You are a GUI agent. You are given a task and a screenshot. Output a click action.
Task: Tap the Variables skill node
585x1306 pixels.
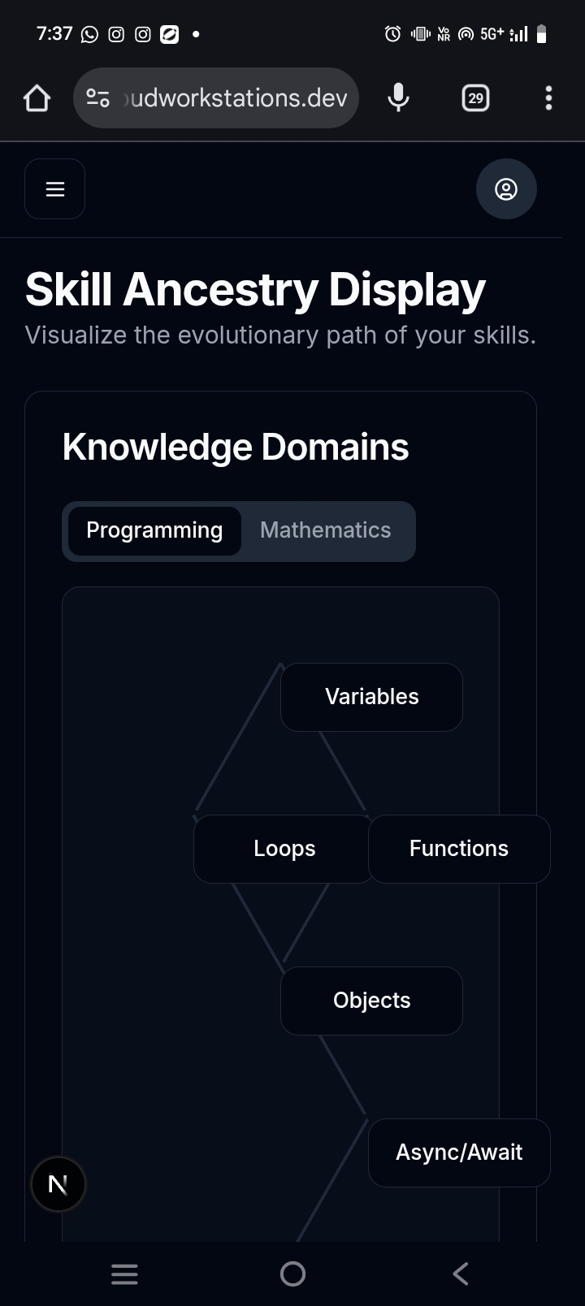(x=371, y=697)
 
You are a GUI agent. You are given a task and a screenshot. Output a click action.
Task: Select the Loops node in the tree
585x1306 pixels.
(x=284, y=849)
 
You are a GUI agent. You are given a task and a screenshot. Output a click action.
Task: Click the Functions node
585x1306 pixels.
(x=459, y=849)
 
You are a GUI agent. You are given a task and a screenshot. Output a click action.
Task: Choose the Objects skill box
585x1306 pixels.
(x=371, y=1001)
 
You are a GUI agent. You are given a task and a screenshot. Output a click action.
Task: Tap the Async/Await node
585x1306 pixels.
(x=459, y=1152)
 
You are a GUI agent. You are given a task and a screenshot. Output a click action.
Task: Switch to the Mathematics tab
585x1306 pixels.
(x=325, y=530)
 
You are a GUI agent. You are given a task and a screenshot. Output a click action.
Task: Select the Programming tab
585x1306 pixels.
(x=154, y=530)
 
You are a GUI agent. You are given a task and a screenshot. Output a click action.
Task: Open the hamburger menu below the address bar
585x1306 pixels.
(x=55, y=189)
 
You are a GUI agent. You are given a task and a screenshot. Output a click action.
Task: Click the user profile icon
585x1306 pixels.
(x=506, y=189)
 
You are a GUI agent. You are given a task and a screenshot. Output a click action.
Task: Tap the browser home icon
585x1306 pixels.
(x=37, y=98)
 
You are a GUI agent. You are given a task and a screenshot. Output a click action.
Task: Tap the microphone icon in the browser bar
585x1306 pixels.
(x=398, y=98)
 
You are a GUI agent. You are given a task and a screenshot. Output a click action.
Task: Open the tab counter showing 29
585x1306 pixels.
(x=475, y=98)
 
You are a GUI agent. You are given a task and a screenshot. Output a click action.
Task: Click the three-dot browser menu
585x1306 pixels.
(x=548, y=98)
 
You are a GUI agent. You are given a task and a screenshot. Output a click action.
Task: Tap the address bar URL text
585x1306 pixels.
(x=236, y=98)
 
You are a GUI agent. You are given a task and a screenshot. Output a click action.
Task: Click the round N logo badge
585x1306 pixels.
(x=58, y=1184)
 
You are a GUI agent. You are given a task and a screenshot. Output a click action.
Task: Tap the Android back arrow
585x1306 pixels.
(x=460, y=1274)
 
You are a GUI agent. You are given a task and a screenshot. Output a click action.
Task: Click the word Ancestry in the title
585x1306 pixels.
(x=220, y=290)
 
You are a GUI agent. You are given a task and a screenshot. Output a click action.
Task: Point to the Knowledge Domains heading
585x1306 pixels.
(x=236, y=448)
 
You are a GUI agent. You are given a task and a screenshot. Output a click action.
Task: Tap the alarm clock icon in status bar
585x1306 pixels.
(x=392, y=34)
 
